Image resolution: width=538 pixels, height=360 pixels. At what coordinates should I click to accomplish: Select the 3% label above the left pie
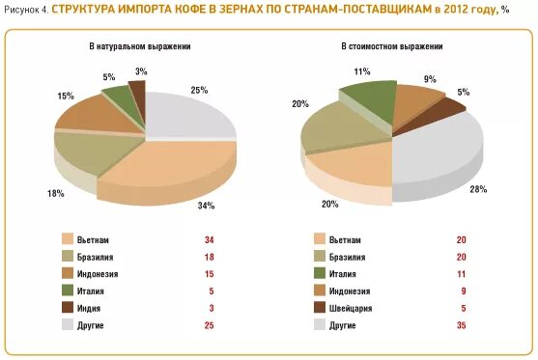141,71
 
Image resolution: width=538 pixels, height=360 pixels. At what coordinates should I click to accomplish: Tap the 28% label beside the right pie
477,189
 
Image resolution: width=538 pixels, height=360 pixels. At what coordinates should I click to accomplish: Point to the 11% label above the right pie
362,71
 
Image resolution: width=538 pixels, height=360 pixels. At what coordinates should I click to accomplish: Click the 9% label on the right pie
429,79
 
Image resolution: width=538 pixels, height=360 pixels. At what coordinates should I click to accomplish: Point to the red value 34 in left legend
208,239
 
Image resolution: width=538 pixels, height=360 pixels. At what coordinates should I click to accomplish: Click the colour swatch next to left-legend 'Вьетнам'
69,239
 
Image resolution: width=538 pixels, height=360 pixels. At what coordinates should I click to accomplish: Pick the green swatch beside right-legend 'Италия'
320,273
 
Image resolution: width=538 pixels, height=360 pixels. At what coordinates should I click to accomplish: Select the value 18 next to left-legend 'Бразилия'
208,257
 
